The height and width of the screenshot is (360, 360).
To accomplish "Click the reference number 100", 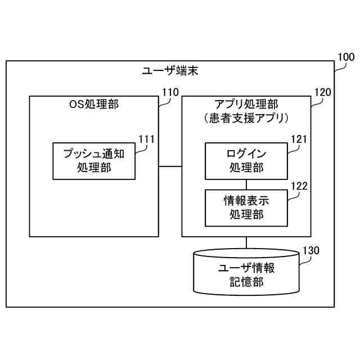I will click(x=345, y=57).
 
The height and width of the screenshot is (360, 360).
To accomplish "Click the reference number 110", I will click(x=170, y=92).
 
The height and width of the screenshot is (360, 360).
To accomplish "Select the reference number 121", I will click(x=299, y=138).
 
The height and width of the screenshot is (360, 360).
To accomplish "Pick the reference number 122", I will click(x=299, y=185).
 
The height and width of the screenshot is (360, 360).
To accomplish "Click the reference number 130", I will click(x=311, y=250).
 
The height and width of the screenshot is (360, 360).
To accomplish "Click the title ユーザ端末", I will click(x=169, y=71).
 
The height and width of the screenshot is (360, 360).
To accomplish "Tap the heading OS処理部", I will click(x=94, y=105).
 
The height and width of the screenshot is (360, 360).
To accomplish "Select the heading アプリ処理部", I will click(x=246, y=105).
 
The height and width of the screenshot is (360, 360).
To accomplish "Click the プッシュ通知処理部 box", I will click(x=93, y=161).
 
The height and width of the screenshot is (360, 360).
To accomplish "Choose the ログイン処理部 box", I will click(x=246, y=161).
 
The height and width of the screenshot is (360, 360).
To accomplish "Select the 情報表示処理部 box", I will click(x=246, y=207).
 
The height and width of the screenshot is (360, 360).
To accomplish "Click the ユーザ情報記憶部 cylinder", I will click(x=246, y=274).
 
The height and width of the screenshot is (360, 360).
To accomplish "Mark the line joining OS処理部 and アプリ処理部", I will click(x=170, y=166).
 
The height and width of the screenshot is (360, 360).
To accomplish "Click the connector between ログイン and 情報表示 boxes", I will click(x=246, y=184).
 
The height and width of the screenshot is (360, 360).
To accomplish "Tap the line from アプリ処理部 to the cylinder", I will click(x=246, y=243).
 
